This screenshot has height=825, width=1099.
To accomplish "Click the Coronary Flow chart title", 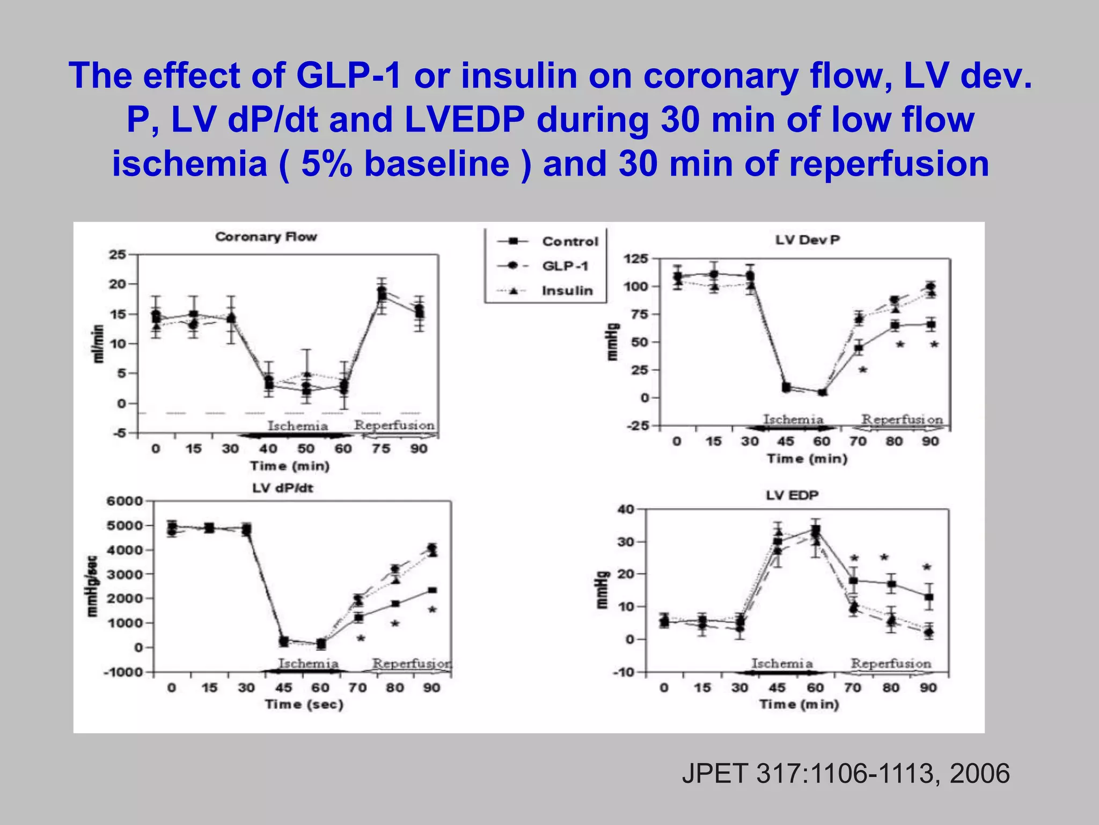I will [266, 237].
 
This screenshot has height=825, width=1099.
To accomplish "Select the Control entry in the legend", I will [569, 242].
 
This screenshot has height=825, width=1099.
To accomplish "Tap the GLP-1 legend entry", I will [565, 266].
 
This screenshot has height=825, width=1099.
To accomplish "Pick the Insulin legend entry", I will [567, 291].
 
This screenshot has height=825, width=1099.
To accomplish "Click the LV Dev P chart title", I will [807, 240].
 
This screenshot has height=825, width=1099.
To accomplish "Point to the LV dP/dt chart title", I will [283, 488].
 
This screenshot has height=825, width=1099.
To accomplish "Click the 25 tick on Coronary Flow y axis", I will [118, 255].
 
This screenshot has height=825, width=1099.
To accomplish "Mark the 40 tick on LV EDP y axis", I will [626, 509].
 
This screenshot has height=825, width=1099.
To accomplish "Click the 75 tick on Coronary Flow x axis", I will [381, 448].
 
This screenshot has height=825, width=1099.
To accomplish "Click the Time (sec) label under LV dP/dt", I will [304, 705].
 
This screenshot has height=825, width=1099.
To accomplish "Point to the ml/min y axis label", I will [98, 344].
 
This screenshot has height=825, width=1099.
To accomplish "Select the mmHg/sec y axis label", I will [92, 586].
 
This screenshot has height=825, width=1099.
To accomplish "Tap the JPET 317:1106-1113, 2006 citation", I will [846, 774].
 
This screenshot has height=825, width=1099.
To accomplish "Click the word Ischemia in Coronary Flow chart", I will [298, 426].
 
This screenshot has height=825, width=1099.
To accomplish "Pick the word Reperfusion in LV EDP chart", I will [891, 663].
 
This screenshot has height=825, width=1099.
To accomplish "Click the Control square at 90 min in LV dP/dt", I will [432, 590].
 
